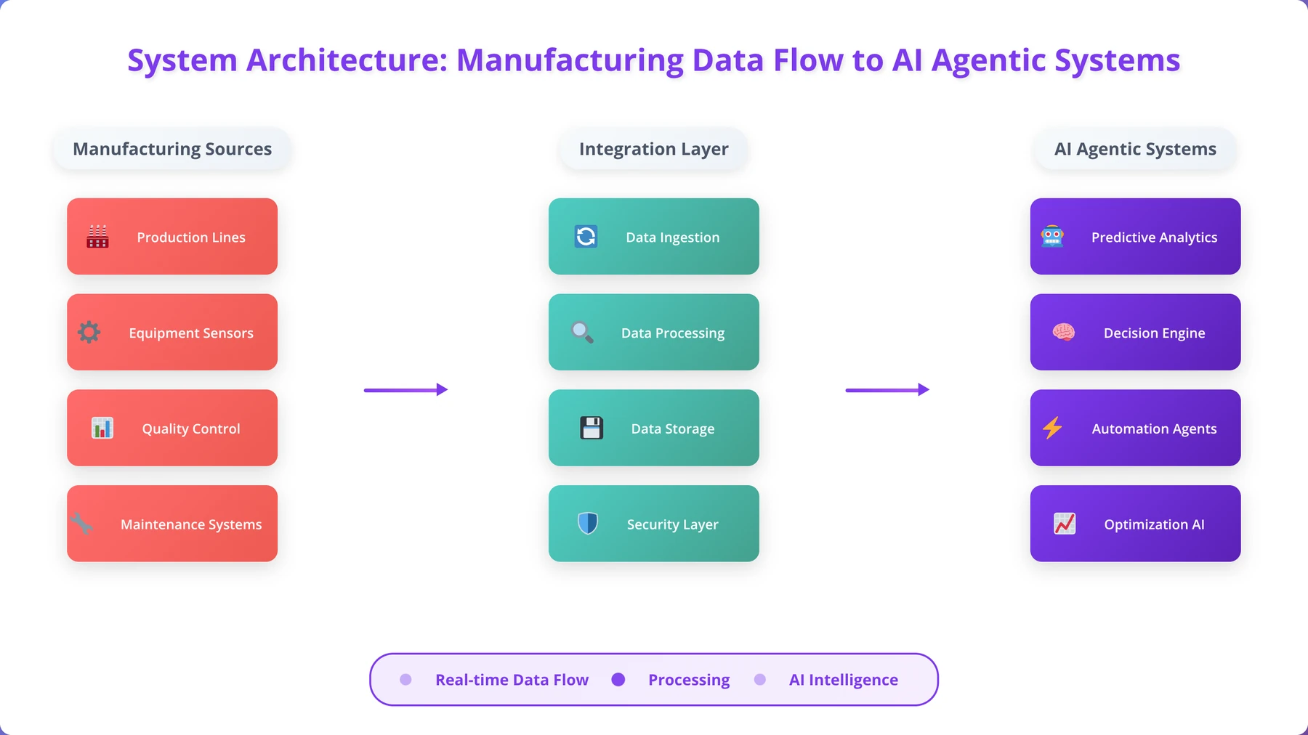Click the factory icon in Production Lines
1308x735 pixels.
click(x=97, y=237)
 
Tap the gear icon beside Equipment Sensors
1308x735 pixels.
click(x=89, y=333)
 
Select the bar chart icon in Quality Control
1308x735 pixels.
click(x=102, y=429)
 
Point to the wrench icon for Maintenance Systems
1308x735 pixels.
click(x=81, y=524)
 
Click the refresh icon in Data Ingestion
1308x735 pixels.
click(x=586, y=237)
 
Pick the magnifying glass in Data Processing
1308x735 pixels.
click(x=582, y=333)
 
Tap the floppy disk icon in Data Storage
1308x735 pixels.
click(x=592, y=429)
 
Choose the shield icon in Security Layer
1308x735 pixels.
click(x=588, y=524)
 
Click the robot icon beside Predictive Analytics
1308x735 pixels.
click(x=1052, y=237)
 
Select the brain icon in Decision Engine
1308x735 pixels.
click(x=1064, y=333)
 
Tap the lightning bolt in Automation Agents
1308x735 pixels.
click(x=1052, y=429)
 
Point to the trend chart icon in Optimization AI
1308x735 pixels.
click(x=1065, y=524)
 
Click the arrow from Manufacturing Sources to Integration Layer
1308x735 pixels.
click(x=405, y=390)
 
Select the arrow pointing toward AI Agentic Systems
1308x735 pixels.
click(x=887, y=390)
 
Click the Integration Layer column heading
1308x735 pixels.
click(x=654, y=149)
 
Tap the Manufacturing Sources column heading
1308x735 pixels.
click(x=172, y=149)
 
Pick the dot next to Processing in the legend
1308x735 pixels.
click(x=618, y=679)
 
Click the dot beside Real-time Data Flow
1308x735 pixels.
click(x=405, y=679)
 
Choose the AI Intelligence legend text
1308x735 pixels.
click(x=844, y=680)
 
